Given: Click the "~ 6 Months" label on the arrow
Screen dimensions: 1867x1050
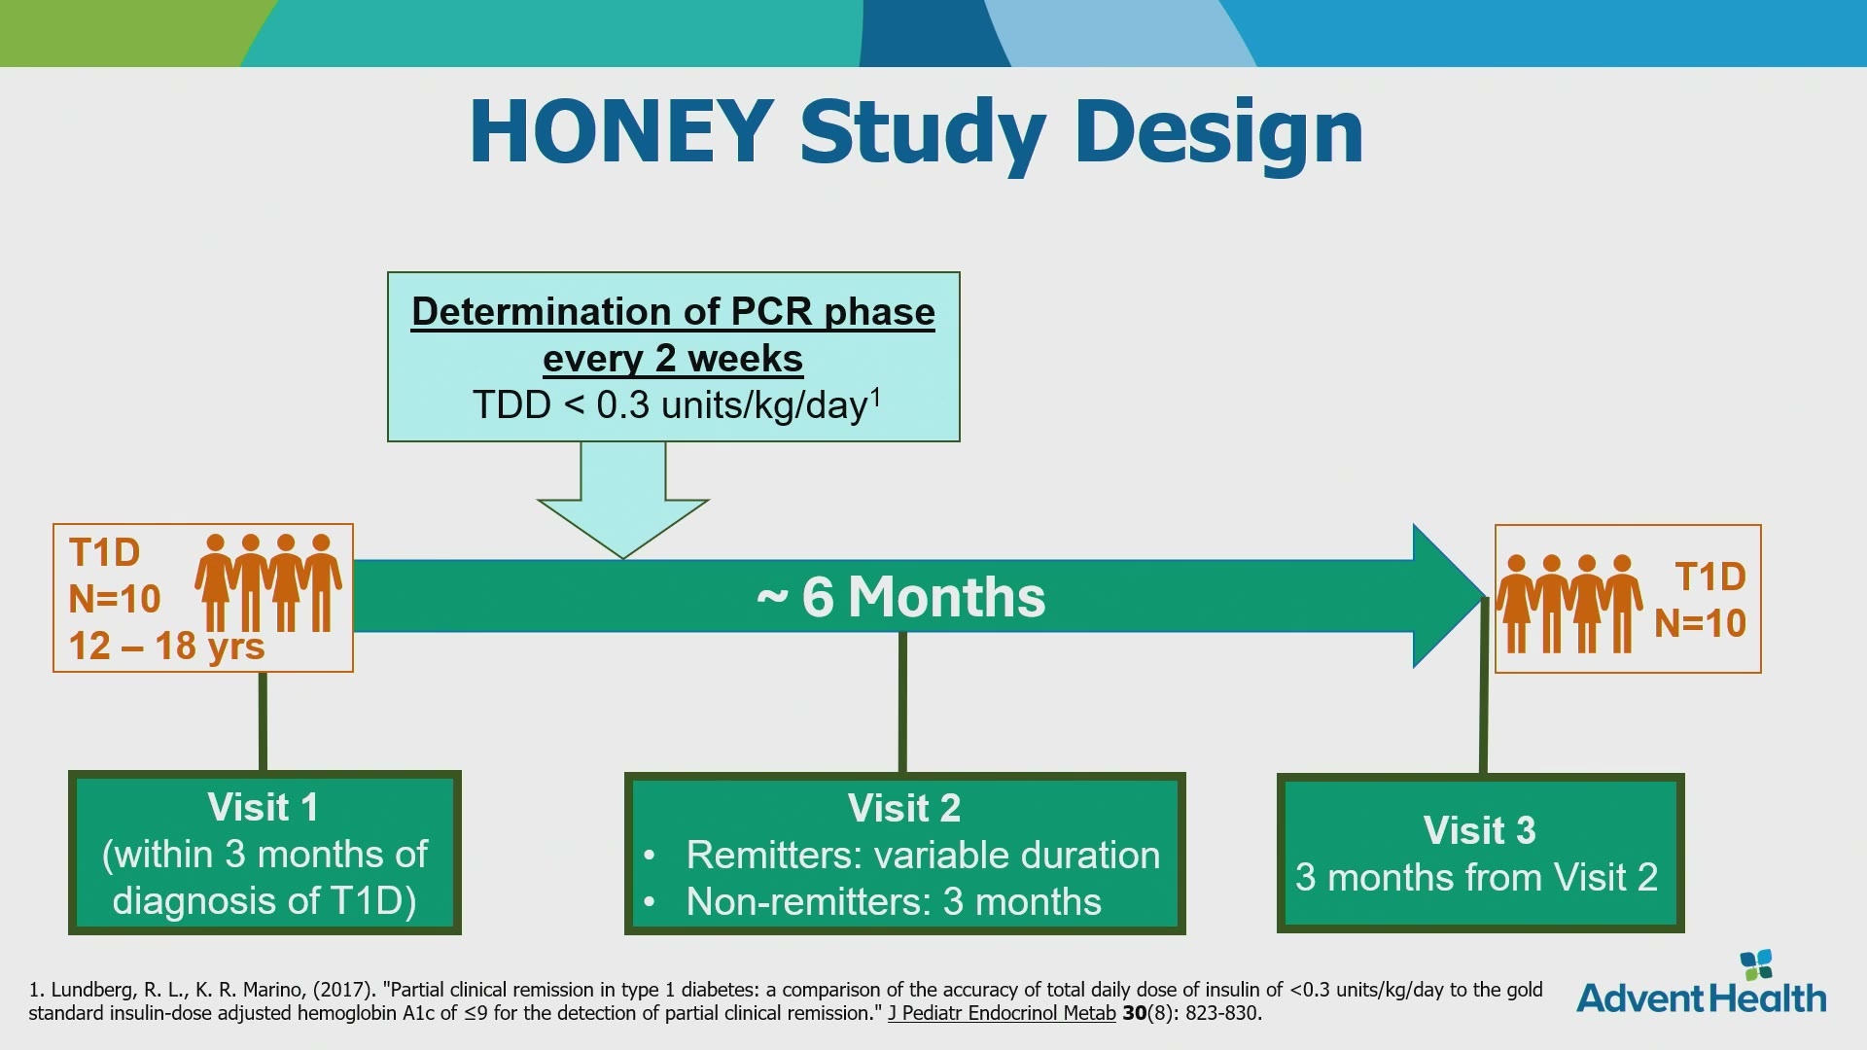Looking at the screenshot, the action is coord(900,596).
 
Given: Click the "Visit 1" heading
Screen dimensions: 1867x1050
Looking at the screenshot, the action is coord(263,807).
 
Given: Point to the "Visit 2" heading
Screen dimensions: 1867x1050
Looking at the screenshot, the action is coord(903,808).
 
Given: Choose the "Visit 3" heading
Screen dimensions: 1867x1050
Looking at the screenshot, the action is coord(1479,830).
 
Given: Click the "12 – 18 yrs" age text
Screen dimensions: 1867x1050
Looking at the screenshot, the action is coord(166,646).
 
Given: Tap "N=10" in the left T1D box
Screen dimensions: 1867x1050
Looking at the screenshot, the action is coord(115,599).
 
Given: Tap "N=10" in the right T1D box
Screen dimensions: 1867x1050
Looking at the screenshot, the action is coord(1700,623).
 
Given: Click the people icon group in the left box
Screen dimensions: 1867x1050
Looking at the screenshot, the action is coord(268,582).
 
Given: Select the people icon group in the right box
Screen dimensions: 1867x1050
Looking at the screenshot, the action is coord(1568,604).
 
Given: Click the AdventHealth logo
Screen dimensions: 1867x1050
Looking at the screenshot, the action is coord(1702,984).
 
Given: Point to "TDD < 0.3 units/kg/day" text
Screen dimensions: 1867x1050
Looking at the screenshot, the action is coord(676,404).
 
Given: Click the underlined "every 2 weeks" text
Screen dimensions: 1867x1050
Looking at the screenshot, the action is coord(673,359).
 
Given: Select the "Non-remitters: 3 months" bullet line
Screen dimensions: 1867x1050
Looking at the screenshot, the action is coord(894,901).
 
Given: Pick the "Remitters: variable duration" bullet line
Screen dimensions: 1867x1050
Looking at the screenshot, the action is coord(923,855).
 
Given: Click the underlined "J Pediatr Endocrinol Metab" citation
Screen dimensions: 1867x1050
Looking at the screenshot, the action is coord(1002,1013).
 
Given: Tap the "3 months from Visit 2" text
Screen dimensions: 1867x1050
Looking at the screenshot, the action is coord(1476,877).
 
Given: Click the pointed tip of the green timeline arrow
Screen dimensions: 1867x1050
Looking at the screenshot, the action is coord(1486,596).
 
